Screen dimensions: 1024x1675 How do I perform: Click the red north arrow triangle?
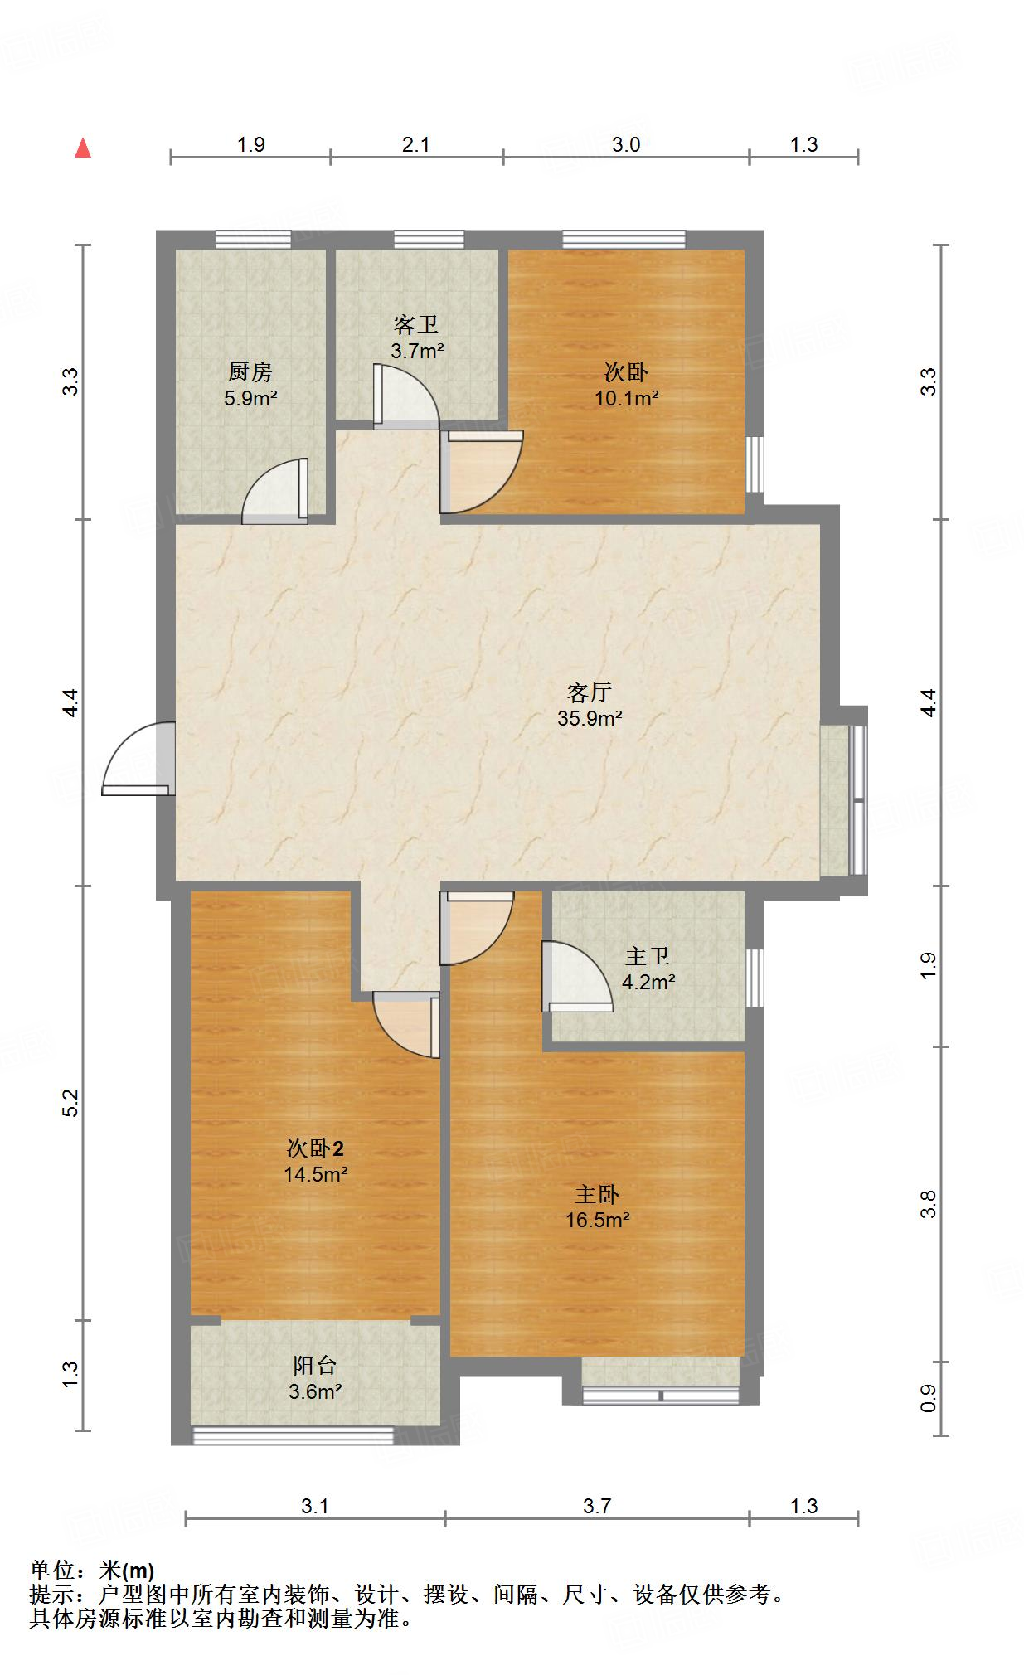[83, 148]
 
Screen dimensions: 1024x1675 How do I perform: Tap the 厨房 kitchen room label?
[250, 372]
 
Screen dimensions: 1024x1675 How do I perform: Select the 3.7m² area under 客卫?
[417, 351]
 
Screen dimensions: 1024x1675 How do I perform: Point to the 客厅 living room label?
[590, 692]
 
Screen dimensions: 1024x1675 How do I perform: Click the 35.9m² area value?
[590, 718]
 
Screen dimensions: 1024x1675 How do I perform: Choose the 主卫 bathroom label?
[648, 957]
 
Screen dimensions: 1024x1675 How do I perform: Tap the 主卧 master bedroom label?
[597, 1195]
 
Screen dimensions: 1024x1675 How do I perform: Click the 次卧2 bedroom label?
[315, 1148]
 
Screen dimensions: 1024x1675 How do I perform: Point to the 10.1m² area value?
[627, 398]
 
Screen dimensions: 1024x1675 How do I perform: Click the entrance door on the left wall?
[139, 760]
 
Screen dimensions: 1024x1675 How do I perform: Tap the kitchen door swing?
[275, 491]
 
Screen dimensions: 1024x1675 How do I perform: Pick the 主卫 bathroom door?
[578, 977]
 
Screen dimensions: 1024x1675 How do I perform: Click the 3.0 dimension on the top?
[626, 145]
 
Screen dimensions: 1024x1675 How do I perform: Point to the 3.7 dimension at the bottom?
[597, 1506]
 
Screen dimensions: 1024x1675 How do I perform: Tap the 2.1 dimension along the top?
[416, 145]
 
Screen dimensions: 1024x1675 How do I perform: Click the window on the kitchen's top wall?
[254, 240]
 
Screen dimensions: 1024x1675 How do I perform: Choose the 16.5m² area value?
[598, 1221]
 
